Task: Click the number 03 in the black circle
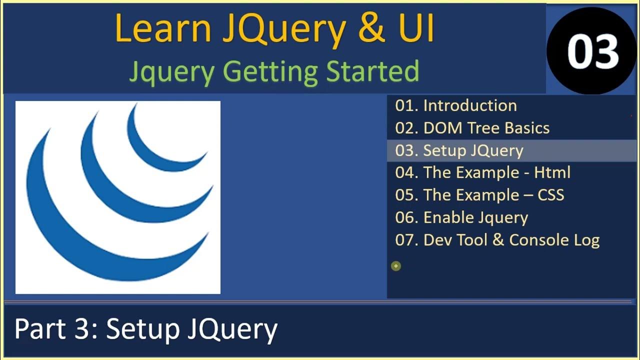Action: coord(593,52)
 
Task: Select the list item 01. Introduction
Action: coord(455,105)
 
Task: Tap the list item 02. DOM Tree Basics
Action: coord(472,128)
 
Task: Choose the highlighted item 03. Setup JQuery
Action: coord(459,150)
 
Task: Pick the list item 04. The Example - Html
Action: coord(482,172)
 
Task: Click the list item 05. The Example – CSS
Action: coord(479,195)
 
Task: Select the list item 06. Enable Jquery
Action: coord(461,217)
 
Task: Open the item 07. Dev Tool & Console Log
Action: coord(497,240)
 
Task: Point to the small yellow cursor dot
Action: coord(396,266)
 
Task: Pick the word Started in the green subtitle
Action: coord(372,71)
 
